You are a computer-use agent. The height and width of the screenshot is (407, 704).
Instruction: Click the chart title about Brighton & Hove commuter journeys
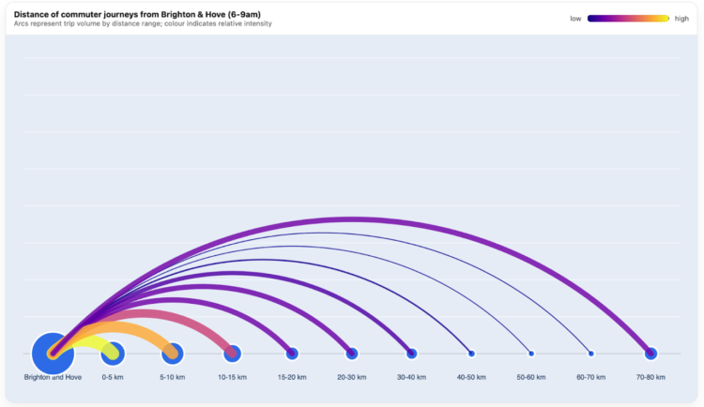coord(141,14)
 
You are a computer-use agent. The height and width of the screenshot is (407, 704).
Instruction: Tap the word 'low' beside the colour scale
coord(575,18)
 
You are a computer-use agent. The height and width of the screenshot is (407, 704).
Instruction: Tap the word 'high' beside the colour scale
coord(681,18)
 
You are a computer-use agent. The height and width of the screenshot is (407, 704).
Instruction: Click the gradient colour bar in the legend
coord(628,18)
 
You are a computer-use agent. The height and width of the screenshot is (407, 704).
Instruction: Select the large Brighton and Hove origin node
coord(53,354)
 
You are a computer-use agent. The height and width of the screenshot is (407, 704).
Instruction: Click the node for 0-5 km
coord(113,354)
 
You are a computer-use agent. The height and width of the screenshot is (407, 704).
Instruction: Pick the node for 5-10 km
coord(172,354)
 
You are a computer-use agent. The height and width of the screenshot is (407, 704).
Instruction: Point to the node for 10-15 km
coord(232,354)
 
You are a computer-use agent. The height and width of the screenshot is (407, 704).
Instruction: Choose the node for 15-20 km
coord(292,354)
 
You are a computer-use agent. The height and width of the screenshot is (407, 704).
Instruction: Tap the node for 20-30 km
coord(352,354)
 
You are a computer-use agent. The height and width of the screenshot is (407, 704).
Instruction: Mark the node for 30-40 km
coord(411,354)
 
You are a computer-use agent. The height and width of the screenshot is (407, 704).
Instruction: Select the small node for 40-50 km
coord(471,354)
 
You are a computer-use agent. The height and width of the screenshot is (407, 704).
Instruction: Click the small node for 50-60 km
coord(531,354)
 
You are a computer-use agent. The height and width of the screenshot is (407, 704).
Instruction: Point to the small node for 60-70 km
coord(590,354)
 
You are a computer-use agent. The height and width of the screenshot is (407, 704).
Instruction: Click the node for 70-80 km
coord(650,354)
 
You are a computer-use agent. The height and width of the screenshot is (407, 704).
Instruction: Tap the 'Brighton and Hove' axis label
coord(53,377)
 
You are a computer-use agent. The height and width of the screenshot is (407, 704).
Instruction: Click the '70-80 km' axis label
coord(650,377)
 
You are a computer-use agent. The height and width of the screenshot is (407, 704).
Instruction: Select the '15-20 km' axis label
coord(292,377)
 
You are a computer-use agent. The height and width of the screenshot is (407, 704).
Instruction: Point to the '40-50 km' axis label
coord(471,377)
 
